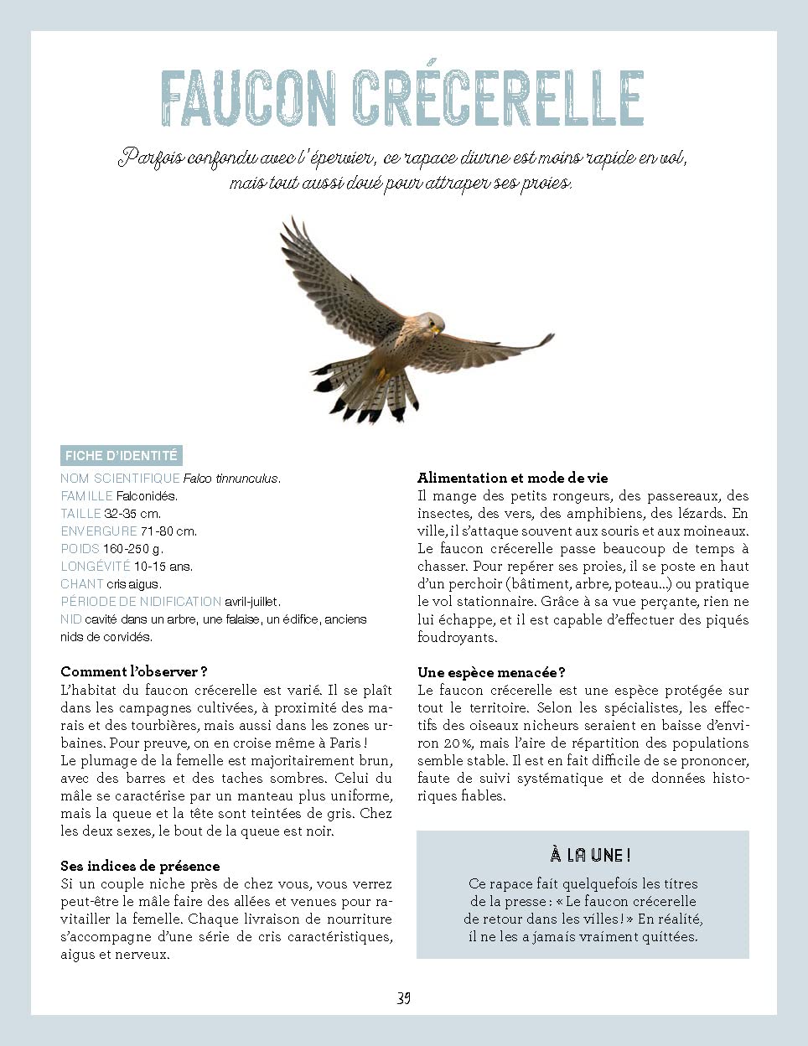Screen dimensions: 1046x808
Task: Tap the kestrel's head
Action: click(431, 323)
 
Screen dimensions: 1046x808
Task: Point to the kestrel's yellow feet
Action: click(382, 375)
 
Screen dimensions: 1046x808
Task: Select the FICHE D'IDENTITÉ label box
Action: click(122, 456)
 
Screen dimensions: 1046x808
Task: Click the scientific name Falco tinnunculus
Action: click(230, 479)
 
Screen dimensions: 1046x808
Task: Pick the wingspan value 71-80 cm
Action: click(168, 531)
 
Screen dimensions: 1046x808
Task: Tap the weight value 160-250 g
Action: click(132, 549)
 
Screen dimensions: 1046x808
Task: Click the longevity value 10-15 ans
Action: click(163, 567)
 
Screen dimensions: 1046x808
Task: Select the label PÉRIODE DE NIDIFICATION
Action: click(140, 602)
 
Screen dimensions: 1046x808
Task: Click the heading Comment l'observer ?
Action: click(133, 672)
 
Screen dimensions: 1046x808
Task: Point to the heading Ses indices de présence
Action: click(140, 867)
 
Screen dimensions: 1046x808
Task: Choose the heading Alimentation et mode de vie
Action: click(512, 479)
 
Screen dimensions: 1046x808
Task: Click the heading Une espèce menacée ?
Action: click(491, 673)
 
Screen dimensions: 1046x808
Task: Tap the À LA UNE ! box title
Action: click(590, 855)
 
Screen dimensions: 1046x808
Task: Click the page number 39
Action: click(403, 998)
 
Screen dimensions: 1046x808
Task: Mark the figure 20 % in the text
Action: click(454, 743)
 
